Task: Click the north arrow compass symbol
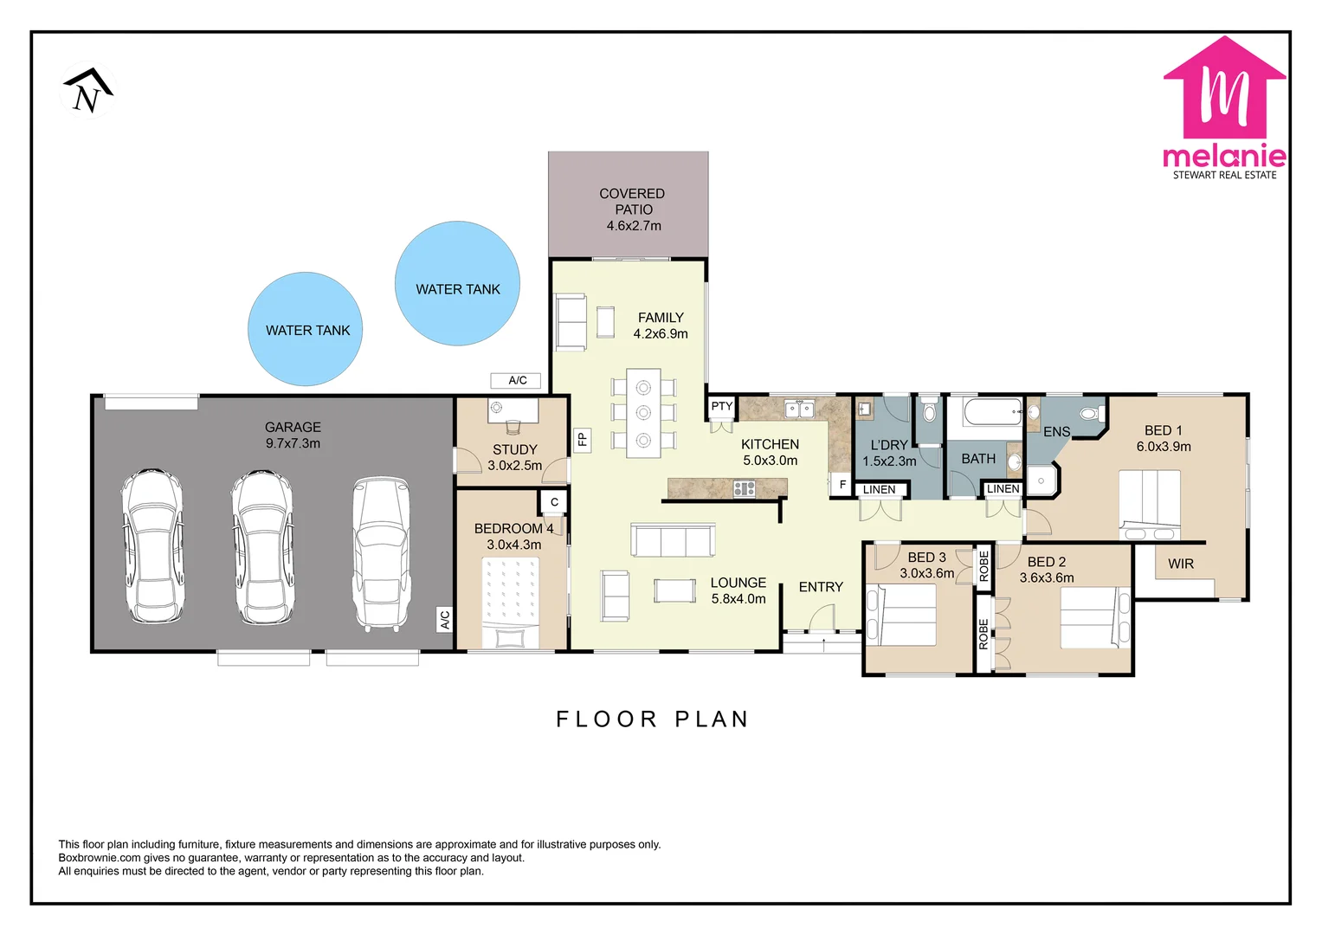coord(87,90)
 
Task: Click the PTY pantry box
coord(721,406)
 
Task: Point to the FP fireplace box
coord(583,439)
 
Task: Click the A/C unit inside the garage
coord(444,620)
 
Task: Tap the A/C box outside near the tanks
coord(516,380)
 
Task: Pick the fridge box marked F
coord(842,485)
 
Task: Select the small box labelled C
coord(553,502)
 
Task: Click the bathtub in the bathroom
coord(993,411)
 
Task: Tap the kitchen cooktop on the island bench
coord(745,489)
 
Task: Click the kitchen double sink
coord(800,409)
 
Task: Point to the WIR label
coord(1180,564)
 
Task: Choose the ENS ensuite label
coord(1056,432)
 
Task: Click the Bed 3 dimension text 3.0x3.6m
coord(926,573)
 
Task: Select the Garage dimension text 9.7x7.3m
coord(293,443)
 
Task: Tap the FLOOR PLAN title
coord(652,719)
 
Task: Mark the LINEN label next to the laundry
coord(879,489)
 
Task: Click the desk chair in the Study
coord(513,426)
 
